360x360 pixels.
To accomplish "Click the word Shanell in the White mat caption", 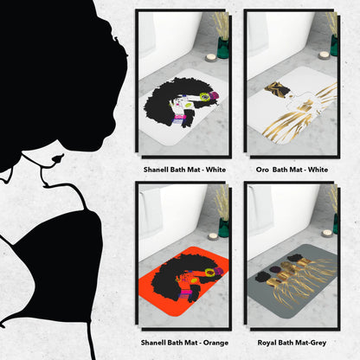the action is [154, 170].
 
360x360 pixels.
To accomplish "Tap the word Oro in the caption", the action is [262, 170].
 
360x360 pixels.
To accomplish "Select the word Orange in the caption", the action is [215, 343].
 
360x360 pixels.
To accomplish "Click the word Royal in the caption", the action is [266, 343].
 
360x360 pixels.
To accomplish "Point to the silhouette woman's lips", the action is [58, 158].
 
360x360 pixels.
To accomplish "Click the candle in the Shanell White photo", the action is [211, 58].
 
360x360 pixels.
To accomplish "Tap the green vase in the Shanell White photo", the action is [223, 48].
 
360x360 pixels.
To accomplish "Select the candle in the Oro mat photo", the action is [324, 55].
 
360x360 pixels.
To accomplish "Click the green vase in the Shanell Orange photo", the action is [223, 228].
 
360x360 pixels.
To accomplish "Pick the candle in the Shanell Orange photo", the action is [213, 236].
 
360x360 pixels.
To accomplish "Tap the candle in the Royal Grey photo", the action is [326, 233].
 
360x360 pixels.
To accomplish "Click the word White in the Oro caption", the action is [318, 170].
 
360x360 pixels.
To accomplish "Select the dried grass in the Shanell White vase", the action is [222, 25].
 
